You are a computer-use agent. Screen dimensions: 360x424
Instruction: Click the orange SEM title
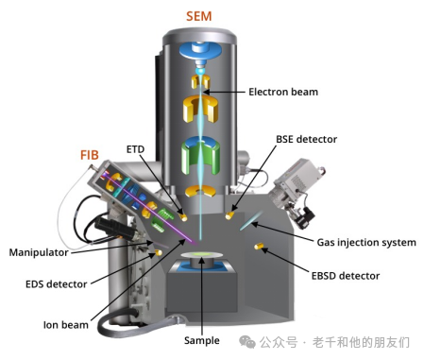[200, 16]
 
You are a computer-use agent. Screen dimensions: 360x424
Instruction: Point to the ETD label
[135, 149]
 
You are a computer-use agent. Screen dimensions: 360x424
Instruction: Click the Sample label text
[201, 340]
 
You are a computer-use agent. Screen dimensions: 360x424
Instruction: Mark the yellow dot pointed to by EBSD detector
[259, 248]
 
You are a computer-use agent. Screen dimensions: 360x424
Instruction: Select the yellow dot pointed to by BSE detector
[230, 214]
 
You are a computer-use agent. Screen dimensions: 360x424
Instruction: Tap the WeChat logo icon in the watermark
[248, 339]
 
